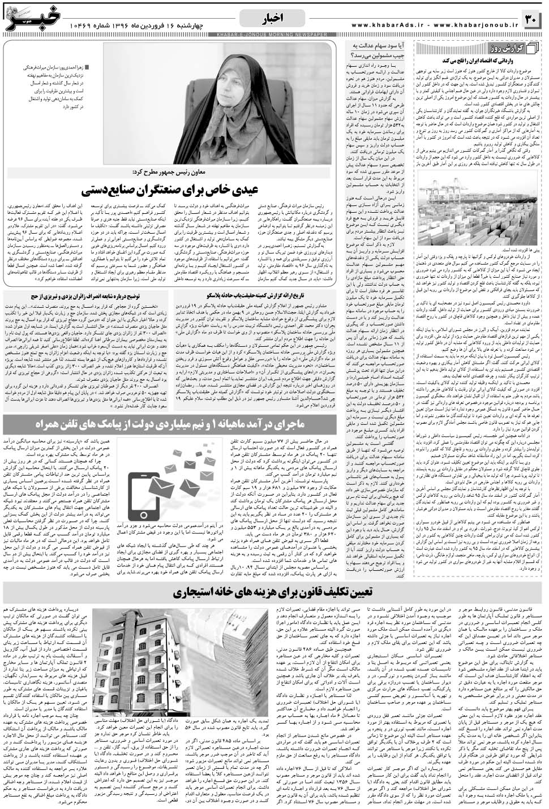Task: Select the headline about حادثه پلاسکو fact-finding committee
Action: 257,295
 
